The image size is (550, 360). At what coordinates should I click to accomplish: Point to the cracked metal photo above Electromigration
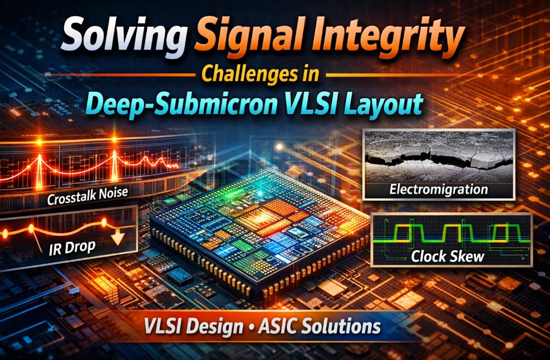pos(439,156)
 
